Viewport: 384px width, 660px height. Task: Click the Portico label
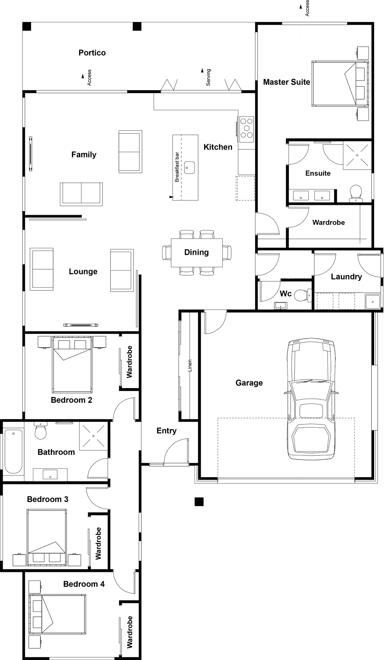[x=92, y=53]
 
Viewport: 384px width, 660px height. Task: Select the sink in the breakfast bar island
[x=189, y=167]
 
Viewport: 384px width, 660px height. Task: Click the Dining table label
[x=196, y=252]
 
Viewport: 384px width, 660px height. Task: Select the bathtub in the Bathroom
[x=13, y=451]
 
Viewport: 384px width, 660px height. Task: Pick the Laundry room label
[x=346, y=277]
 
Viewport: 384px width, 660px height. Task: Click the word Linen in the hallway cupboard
[x=190, y=365]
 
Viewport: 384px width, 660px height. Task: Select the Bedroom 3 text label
[x=48, y=499]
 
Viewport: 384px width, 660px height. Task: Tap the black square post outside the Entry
[x=199, y=502]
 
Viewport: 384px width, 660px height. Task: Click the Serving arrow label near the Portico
[x=208, y=77]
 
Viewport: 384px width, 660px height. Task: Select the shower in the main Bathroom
[x=93, y=436]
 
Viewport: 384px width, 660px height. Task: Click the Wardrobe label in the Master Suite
[x=329, y=222]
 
